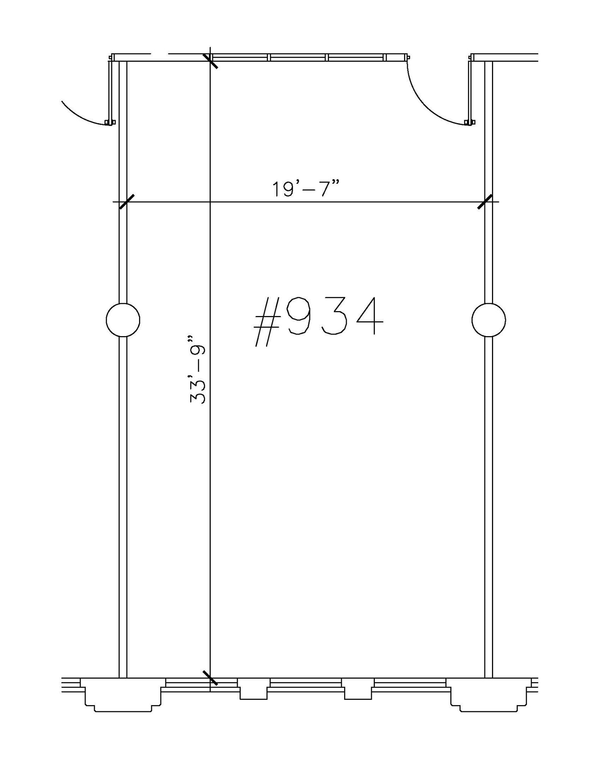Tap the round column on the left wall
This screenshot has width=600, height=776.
click(123, 320)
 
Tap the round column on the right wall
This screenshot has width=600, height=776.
click(488, 320)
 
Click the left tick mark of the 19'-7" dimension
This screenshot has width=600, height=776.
click(127, 202)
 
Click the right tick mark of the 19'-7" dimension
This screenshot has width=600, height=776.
click(485, 202)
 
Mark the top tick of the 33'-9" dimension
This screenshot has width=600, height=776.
click(210, 61)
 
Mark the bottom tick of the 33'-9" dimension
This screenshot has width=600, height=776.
click(210, 678)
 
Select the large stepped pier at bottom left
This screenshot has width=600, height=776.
click(123, 694)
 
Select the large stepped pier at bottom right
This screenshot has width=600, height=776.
click(489, 694)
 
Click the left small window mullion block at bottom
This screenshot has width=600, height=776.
click(254, 688)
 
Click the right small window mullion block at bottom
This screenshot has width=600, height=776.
click(357, 688)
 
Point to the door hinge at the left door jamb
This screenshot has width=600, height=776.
click(110, 122)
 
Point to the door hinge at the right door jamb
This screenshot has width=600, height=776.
click(470, 122)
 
